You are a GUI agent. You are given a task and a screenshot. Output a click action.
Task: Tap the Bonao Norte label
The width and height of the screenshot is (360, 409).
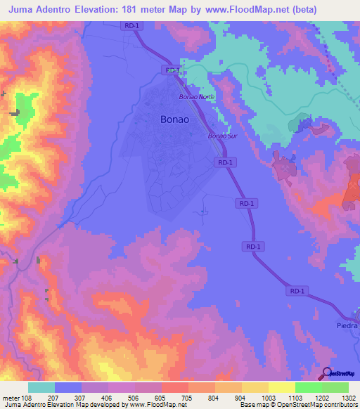tap(195, 96)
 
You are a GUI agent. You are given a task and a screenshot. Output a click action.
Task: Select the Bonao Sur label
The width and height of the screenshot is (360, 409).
tap(217, 136)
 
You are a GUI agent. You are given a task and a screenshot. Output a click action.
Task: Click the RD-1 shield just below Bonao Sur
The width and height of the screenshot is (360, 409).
tap(223, 162)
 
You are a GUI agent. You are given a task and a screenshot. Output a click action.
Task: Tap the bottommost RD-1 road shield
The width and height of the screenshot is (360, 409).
tap(297, 290)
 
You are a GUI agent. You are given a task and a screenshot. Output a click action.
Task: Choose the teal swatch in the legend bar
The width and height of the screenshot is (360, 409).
tap(41, 387)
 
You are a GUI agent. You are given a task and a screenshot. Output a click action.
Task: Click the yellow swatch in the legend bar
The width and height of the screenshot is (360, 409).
tap(281, 387)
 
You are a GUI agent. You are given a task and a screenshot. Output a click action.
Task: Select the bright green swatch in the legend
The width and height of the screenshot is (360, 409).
tap(308, 387)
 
